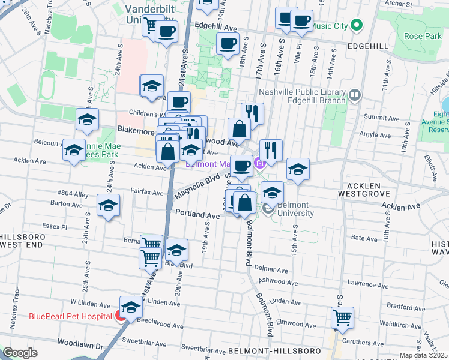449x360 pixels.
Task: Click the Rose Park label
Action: tap(423, 37)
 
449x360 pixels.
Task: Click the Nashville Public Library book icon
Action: tap(355, 94)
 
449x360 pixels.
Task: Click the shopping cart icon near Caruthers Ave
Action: tap(342, 316)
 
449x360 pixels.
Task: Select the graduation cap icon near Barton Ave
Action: tap(108, 206)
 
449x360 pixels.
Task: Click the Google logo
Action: tap(20, 353)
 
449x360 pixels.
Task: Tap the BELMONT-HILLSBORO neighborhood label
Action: tap(268, 350)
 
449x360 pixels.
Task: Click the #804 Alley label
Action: tap(73, 193)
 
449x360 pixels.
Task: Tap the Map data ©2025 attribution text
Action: tap(423, 355)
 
